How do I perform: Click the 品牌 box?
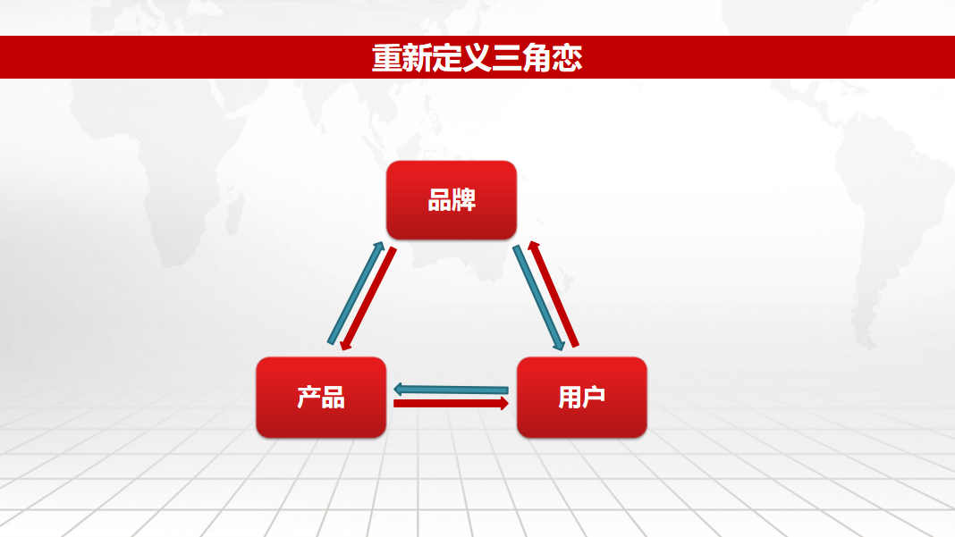(x=452, y=200)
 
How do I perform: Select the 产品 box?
(x=321, y=397)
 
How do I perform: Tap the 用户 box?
(x=581, y=397)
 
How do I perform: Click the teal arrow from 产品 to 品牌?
(x=356, y=293)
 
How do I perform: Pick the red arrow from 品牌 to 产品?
(x=368, y=298)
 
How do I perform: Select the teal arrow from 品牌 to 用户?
(x=538, y=298)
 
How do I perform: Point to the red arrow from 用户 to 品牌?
(x=553, y=294)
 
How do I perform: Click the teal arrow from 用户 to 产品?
(x=451, y=389)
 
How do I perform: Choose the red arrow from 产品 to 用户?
(x=451, y=403)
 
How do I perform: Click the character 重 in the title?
(x=387, y=58)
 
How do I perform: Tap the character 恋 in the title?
(x=567, y=58)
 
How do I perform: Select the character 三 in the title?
(x=507, y=58)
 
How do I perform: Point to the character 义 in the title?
(x=477, y=58)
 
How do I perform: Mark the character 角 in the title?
(x=537, y=58)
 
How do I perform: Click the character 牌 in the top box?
(x=464, y=200)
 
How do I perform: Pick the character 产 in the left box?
(x=308, y=397)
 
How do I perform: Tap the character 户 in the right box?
(x=594, y=397)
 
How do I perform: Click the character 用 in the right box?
(x=570, y=397)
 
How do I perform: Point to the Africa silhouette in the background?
(x=182, y=182)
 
